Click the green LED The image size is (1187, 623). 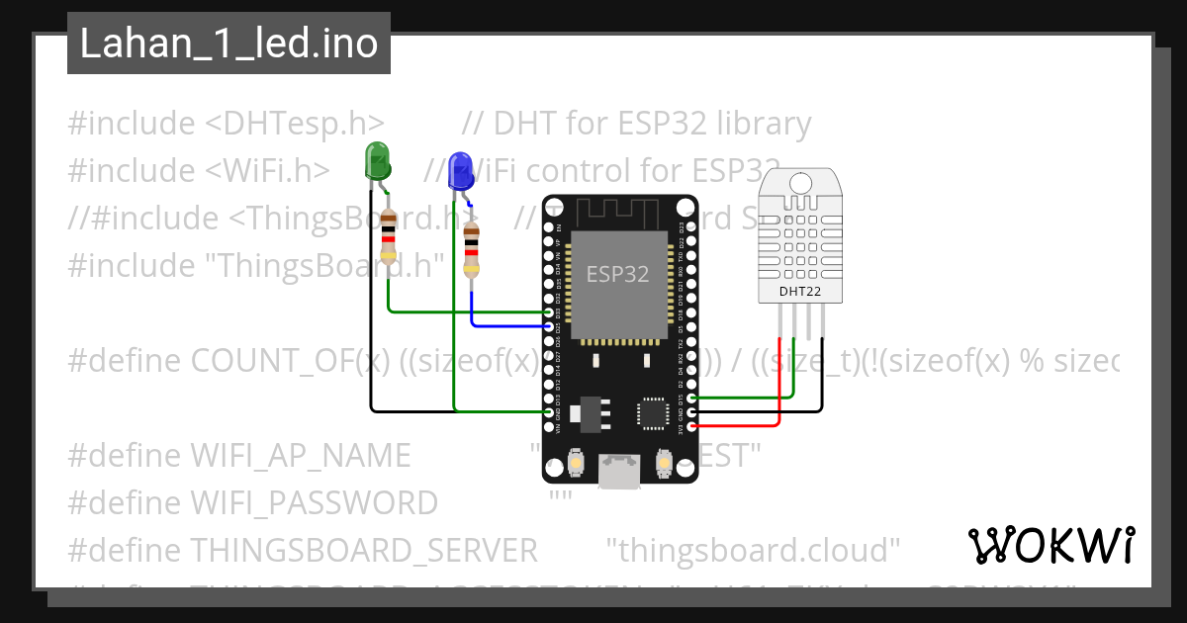click(377, 160)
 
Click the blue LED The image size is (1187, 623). click(460, 171)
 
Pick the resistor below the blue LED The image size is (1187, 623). click(472, 249)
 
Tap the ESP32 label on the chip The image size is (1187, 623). click(618, 274)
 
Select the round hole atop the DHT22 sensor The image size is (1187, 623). click(800, 182)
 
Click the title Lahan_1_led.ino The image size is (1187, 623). click(228, 44)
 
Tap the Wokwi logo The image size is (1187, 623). click(1051, 545)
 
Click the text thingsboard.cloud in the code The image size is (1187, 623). click(753, 549)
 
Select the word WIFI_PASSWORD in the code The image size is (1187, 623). click(314, 503)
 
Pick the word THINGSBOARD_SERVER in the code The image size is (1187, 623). click(363, 549)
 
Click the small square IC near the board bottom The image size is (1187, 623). click(653, 412)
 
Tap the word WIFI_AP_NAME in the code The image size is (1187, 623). click(300, 456)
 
